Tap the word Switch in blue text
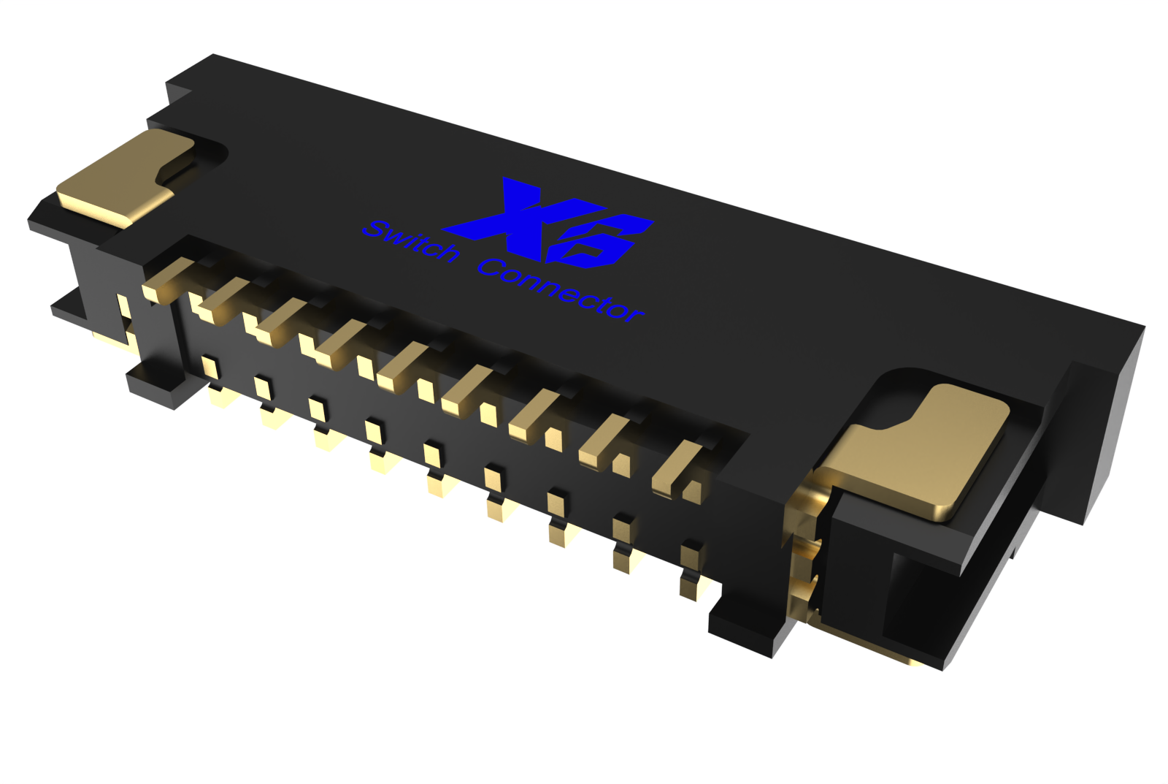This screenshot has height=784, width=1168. [411, 241]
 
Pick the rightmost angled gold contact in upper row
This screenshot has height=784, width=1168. [675, 468]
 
